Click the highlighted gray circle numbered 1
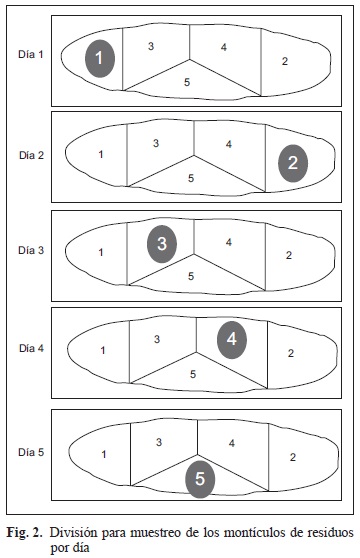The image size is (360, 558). click(100, 58)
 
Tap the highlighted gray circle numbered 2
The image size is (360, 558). click(293, 163)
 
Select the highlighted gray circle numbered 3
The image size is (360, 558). click(162, 244)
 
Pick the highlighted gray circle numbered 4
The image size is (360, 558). click(232, 339)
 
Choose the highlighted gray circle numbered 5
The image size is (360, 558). click(200, 479)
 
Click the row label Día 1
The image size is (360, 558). click(31, 54)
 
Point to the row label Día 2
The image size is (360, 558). click(31, 155)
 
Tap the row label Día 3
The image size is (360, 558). click(31, 250)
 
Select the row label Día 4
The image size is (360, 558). click(31, 348)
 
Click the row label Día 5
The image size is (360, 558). click(31, 452)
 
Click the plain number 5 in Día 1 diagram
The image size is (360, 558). click(187, 82)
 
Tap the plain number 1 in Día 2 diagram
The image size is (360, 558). click(101, 154)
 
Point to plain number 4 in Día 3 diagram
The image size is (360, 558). click(229, 242)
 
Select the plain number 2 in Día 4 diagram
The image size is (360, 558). click(291, 353)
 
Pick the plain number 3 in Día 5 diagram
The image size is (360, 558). click(159, 442)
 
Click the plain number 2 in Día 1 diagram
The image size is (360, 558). click(285, 61)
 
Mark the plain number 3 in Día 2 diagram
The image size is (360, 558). click(156, 143)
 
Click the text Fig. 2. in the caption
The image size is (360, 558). click(25, 533)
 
